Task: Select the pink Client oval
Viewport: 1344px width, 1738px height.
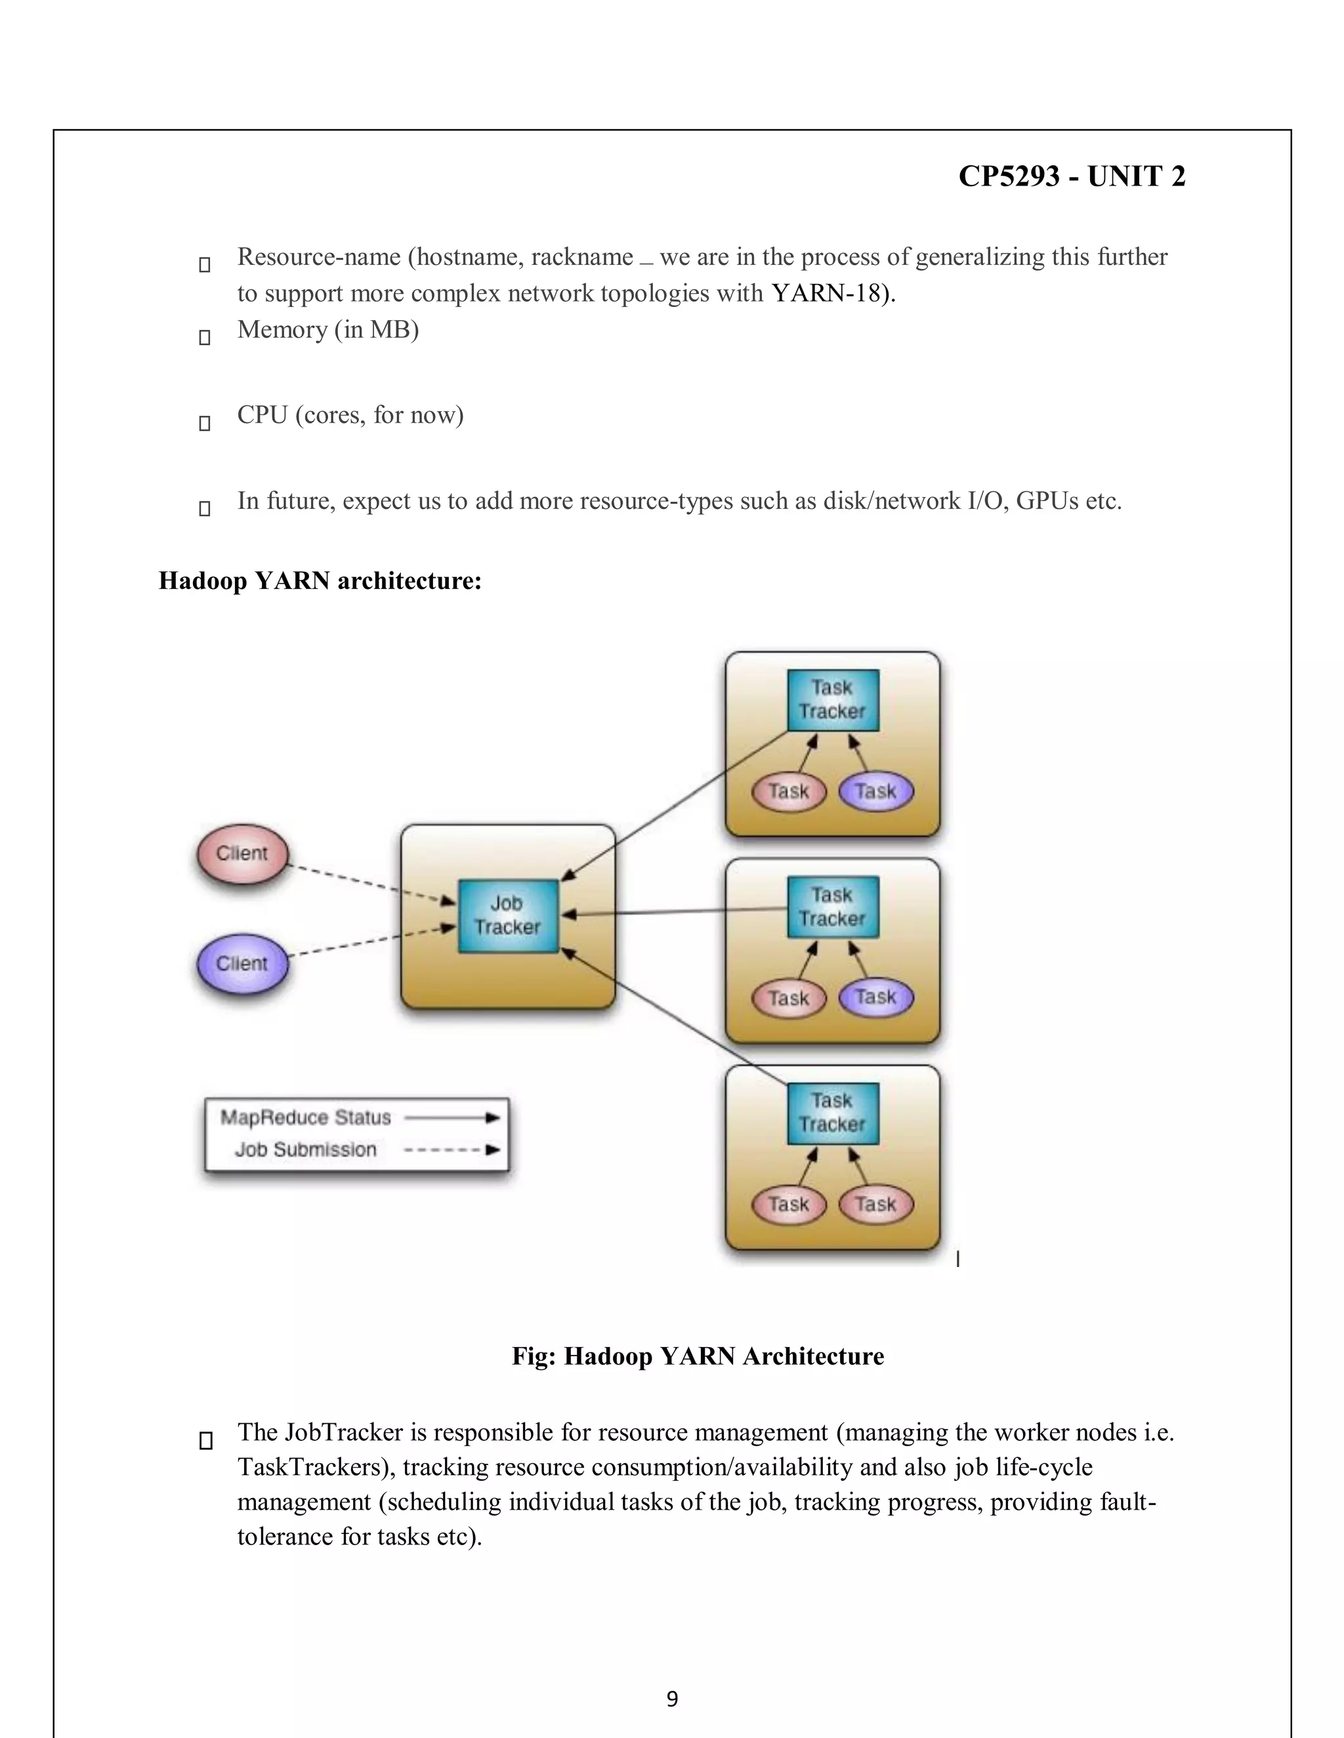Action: click(x=242, y=854)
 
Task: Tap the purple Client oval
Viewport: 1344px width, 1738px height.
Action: click(x=242, y=963)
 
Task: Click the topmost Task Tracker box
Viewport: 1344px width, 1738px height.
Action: click(x=833, y=700)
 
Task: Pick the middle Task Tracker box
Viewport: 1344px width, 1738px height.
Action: click(x=833, y=907)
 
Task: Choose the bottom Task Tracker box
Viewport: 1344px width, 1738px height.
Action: click(x=833, y=1114)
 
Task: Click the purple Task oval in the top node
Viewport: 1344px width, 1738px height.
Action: click(x=876, y=792)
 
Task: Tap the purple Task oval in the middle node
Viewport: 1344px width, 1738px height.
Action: click(x=876, y=997)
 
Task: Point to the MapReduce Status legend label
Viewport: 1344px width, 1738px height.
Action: click(x=306, y=1118)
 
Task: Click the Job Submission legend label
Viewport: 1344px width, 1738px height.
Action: click(x=306, y=1150)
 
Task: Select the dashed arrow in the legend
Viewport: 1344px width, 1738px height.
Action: click(x=451, y=1150)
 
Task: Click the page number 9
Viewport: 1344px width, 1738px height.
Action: click(x=672, y=1699)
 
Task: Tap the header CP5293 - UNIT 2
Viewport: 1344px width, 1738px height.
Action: click(x=1072, y=176)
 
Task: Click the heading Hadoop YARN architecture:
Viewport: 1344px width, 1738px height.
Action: click(x=320, y=581)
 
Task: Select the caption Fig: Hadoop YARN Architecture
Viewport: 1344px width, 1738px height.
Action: click(x=698, y=1356)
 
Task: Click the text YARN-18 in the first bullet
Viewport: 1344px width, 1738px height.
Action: click(x=828, y=294)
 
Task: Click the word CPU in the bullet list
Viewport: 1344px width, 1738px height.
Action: click(x=262, y=415)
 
